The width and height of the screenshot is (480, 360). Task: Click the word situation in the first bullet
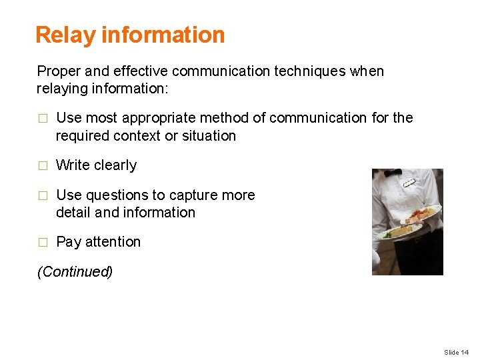tap(207, 136)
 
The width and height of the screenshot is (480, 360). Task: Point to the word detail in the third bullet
tap(74, 213)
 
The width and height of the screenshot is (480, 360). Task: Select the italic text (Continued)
tap(75, 272)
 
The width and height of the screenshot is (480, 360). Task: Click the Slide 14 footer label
tap(457, 352)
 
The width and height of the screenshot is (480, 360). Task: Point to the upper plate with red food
tap(421, 215)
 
